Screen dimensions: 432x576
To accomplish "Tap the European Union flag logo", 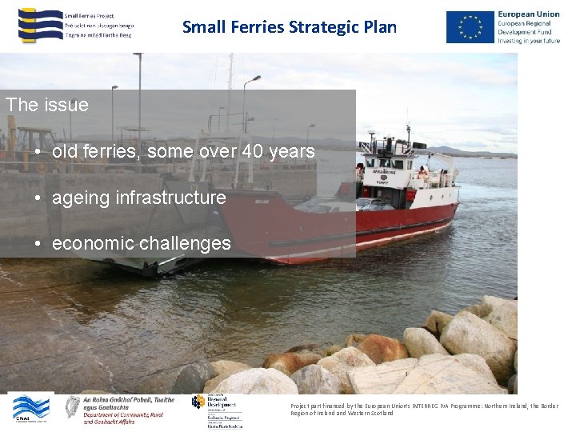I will pyautogui.click(x=470, y=27).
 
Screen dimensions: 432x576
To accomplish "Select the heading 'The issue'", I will pyautogui.click(x=46, y=105).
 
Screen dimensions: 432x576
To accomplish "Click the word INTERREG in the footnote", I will pyautogui.click(x=434, y=406).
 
